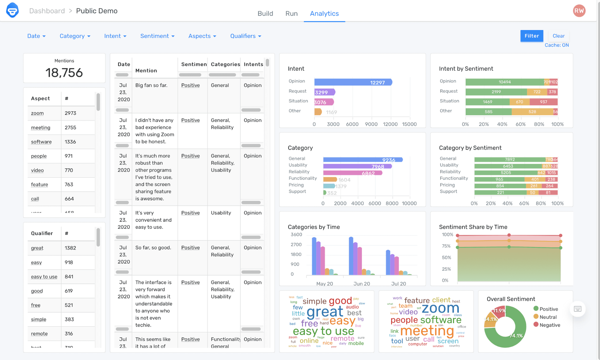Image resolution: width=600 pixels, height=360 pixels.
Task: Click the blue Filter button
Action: pyautogui.click(x=532, y=36)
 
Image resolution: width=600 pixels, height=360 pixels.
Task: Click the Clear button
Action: pyautogui.click(x=558, y=36)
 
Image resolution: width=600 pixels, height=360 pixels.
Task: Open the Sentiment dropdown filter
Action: pyautogui.click(x=157, y=36)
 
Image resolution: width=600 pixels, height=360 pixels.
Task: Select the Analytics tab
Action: pyautogui.click(x=324, y=13)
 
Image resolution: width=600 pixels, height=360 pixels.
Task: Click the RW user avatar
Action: pyautogui.click(x=579, y=11)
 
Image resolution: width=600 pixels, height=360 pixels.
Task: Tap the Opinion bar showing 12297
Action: pyautogui.click(x=353, y=82)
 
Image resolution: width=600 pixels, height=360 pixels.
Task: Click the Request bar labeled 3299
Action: pyautogui.click(x=324, y=92)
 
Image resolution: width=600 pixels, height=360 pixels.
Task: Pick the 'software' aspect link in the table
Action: pyautogui.click(x=41, y=142)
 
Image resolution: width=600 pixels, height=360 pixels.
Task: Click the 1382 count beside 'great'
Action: pyautogui.click(x=70, y=248)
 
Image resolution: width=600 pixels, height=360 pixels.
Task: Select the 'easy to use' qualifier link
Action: pyautogui.click(x=44, y=277)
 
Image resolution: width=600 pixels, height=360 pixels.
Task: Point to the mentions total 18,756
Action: pyautogui.click(x=64, y=73)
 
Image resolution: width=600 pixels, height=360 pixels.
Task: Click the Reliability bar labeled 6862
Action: pyautogui.click(x=352, y=173)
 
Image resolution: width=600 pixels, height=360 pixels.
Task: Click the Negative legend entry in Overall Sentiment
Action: pyautogui.click(x=549, y=325)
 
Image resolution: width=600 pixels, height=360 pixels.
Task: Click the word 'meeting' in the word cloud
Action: pyautogui.click(x=427, y=331)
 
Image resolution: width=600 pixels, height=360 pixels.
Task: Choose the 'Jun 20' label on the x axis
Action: pyautogui.click(x=362, y=284)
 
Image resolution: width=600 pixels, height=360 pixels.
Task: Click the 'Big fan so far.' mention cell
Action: pyautogui.click(x=151, y=85)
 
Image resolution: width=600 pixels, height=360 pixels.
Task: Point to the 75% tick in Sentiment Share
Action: pyautogui.click(x=446, y=246)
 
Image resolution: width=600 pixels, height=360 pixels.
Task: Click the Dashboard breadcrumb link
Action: pyautogui.click(x=47, y=11)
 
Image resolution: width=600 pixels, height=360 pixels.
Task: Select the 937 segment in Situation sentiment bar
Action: pyautogui.click(x=543, y=102)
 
